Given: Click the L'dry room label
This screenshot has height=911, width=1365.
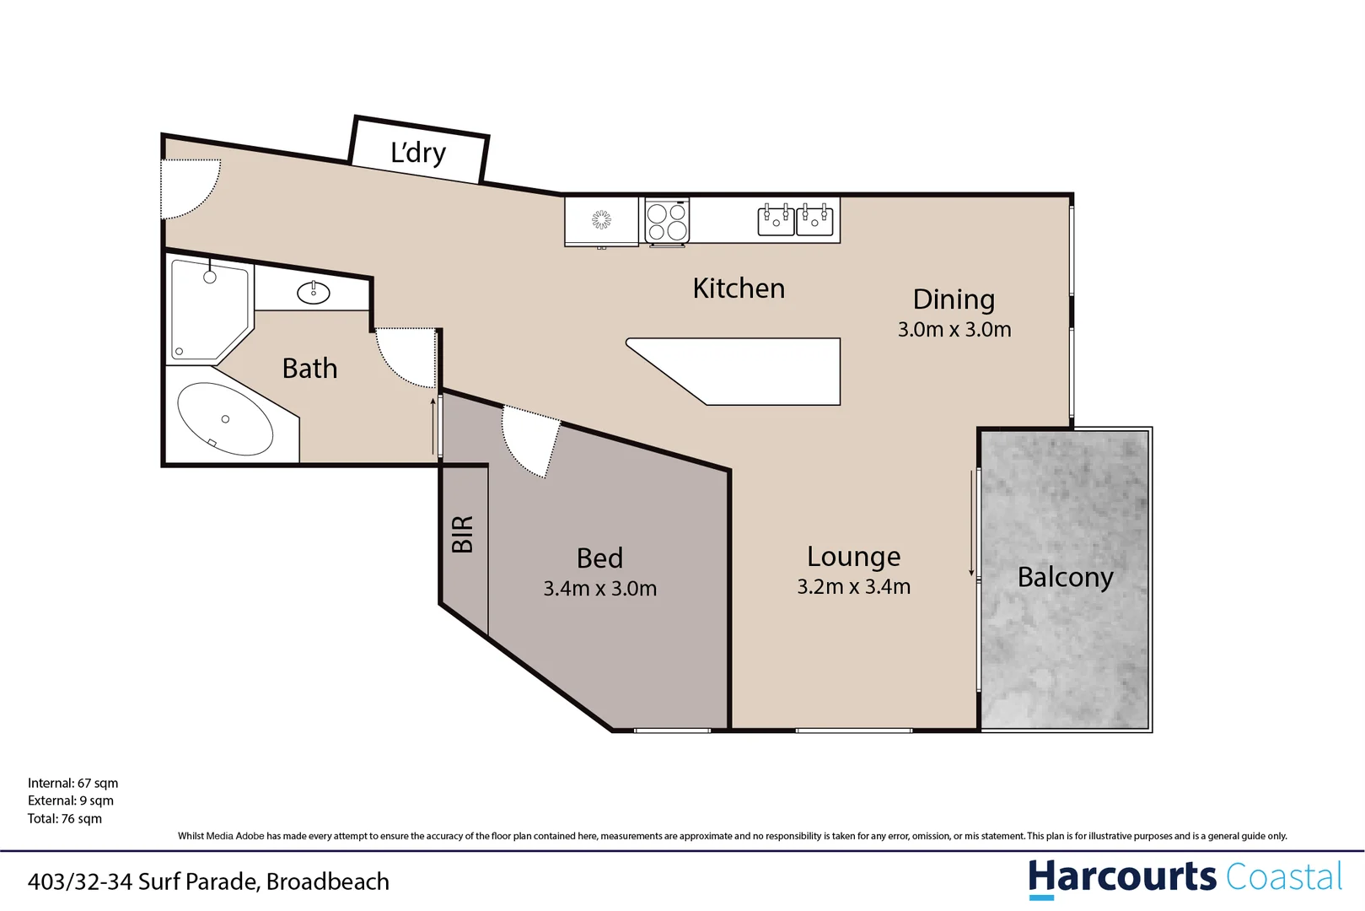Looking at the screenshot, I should (x=418, y=153).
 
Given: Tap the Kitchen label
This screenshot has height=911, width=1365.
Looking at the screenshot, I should (x=739, y=288).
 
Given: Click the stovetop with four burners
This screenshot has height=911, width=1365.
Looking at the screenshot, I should (x=667, y=221).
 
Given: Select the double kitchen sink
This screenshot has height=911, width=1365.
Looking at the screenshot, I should (x=795, y=219).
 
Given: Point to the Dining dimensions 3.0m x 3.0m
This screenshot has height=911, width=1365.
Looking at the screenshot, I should (x=954, y=330).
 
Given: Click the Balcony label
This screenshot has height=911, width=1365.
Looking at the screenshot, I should (x=1065, y=577).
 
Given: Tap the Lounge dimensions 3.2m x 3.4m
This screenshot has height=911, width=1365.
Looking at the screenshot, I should (x=853, y=587).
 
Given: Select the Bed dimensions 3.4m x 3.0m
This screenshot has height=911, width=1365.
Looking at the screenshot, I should (x=599, y=589).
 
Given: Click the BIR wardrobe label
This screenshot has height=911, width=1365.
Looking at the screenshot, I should (x=463, y=534).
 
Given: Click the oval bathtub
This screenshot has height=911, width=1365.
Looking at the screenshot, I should (x=225, y=419).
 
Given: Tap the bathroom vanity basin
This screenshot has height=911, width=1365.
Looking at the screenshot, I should (x=314, y=293).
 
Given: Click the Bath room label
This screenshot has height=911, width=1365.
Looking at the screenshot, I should (x=309, y=369).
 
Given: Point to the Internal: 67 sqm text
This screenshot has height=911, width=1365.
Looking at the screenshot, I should (x=73, y=783).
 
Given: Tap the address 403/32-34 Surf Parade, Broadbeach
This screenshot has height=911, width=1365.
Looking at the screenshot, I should (x=208, y=881).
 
